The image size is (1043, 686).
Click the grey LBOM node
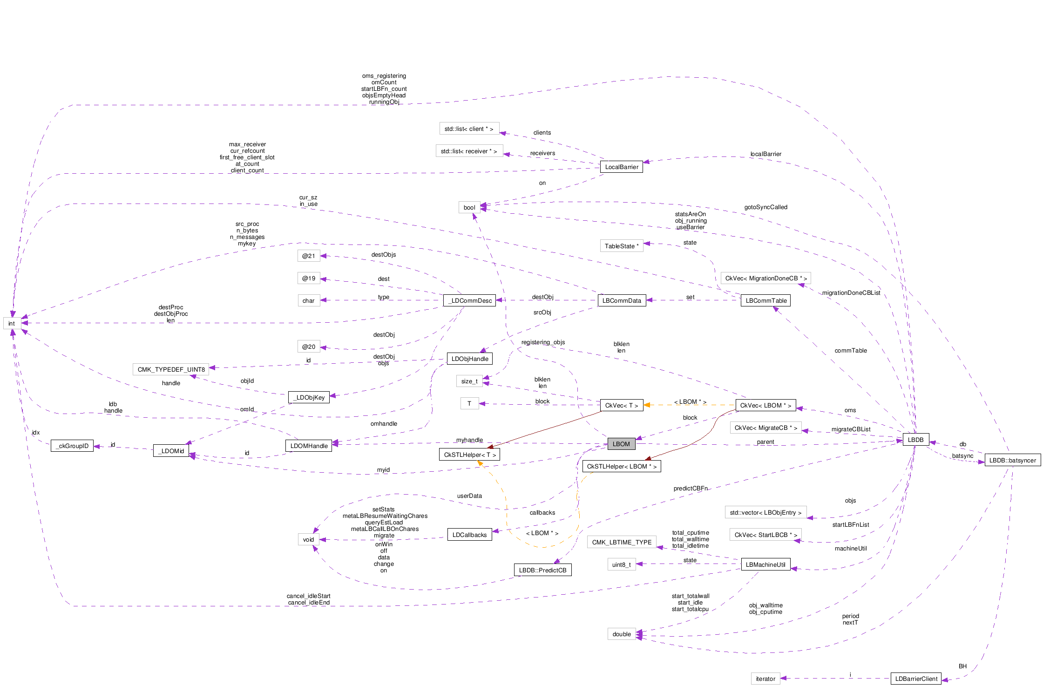pos(621,444)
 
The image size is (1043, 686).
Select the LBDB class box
pos(915,440)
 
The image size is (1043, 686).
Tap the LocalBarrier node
pos(622,167)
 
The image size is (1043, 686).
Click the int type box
pos(12,323)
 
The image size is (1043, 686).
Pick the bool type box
pos(469,207)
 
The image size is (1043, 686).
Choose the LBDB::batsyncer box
pos(1012,460)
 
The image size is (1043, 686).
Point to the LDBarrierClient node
pos(916,679)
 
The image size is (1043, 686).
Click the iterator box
pos(765,679)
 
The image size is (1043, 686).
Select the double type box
pos(622,634)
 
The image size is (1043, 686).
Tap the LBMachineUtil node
pos(765,564)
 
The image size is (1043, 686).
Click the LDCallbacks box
pos(469,535)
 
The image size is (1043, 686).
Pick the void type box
pos(308,539)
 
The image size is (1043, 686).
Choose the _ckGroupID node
pos(72,446)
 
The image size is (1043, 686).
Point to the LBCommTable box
pos(766,300)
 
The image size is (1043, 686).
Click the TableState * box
pos(622,246)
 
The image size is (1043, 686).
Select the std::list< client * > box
pos(469,129)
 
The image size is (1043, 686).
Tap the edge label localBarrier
pos(765,154)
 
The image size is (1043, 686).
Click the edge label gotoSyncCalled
pos(765,207)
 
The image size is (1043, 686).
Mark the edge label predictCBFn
pos(691,488)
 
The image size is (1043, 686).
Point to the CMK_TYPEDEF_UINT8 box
pos(171,369)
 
